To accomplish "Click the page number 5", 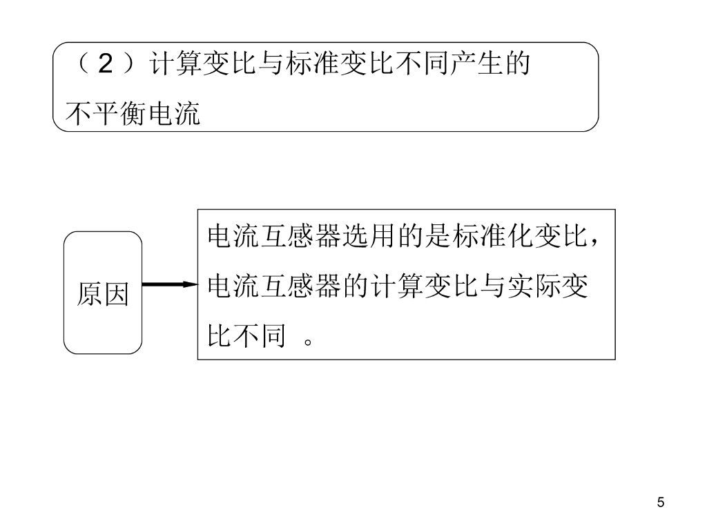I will click(661, 502).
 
